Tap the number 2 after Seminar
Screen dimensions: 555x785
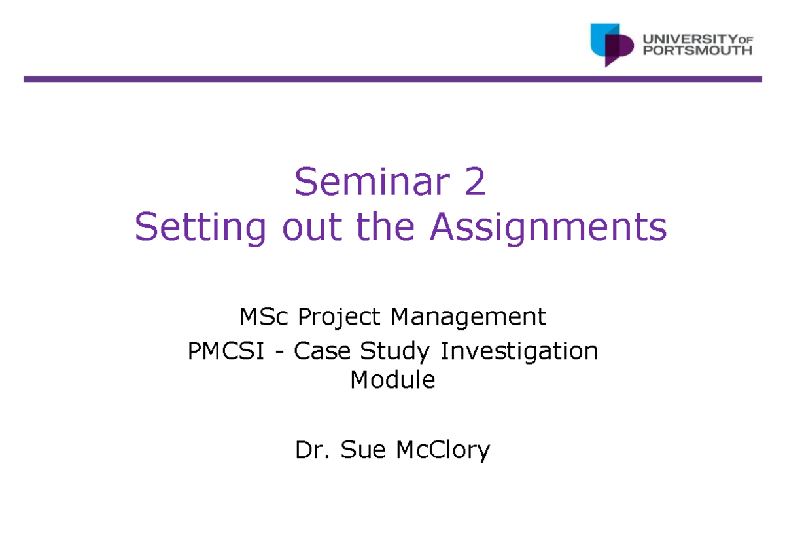476,182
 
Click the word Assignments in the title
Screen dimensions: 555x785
548,227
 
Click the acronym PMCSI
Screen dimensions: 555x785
225,351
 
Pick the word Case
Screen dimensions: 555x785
319,351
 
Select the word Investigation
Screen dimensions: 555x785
519,351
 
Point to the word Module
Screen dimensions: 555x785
392,380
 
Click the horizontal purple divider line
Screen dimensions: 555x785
392,79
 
